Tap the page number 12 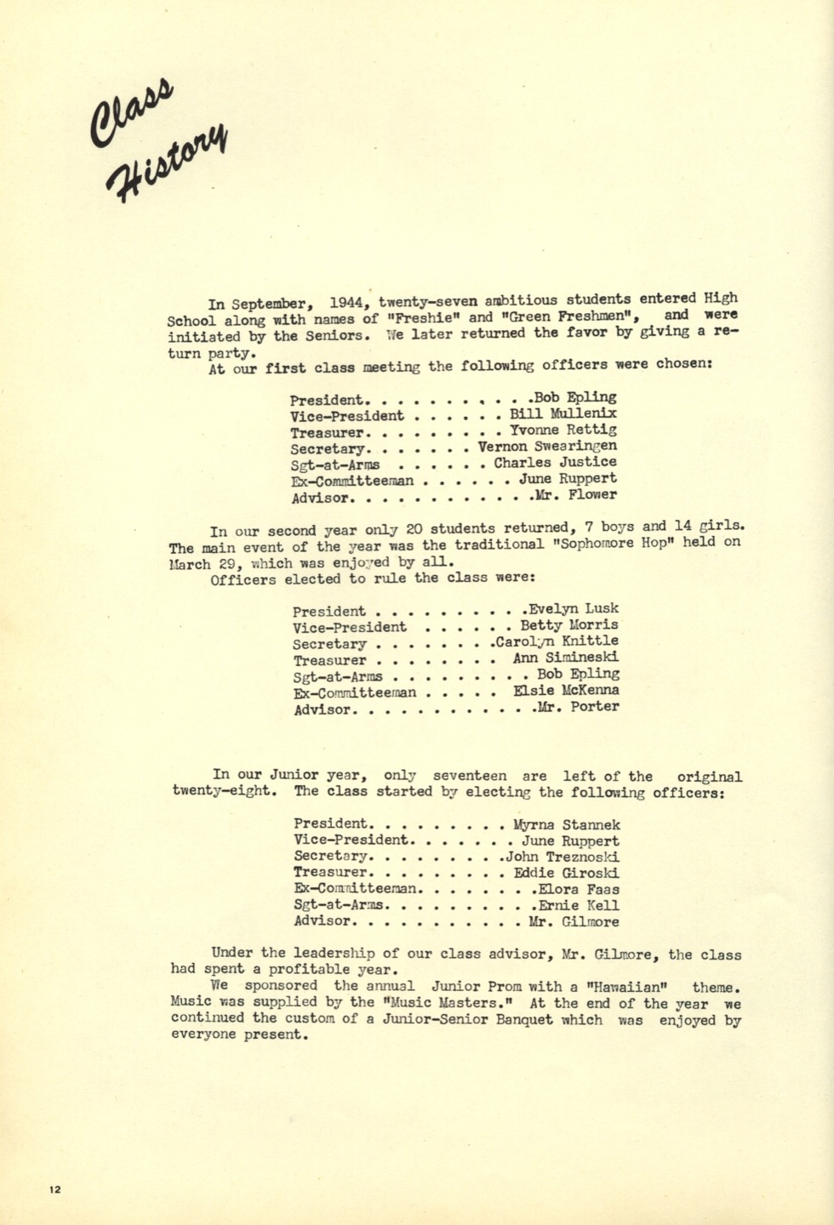point(55,1189)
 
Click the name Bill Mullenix point(563,414)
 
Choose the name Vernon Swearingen point(547,447)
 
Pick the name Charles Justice point(555,463)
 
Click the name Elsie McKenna point(566,691)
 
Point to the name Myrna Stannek point(567,824)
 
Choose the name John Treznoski point(563,857)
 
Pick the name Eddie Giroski point(567,873)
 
